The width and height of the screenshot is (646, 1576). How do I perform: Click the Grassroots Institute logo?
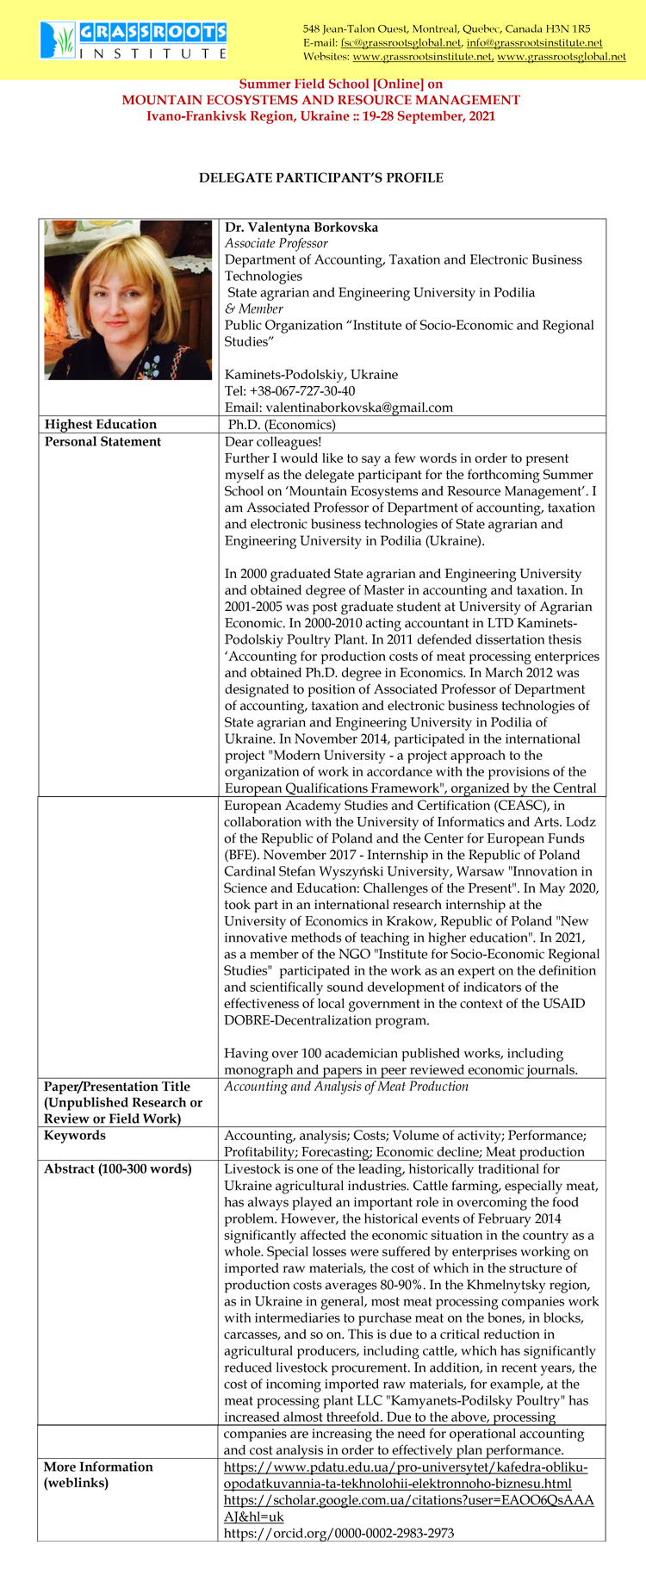[134, 40]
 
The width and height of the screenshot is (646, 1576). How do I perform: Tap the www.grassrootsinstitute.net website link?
[422, 57]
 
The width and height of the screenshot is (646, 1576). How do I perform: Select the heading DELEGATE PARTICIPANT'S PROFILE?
[321, 178]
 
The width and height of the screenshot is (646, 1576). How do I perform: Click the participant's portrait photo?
[127, 300]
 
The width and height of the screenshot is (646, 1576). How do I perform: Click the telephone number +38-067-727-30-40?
[289, 391]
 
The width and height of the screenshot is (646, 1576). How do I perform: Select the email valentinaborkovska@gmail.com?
[339, 408]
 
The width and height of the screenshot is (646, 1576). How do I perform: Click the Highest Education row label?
[101, 424]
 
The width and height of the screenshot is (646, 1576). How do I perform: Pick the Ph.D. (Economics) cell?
[282, 425]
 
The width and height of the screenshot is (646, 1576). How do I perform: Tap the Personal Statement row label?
[102, 442]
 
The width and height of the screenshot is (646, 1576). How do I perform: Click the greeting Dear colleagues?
[273, 442]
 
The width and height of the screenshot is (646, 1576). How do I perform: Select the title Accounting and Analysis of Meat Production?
[346, 1087]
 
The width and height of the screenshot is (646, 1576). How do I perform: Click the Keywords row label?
[75, 1136]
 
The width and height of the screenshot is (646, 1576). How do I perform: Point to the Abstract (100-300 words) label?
[118, 1169]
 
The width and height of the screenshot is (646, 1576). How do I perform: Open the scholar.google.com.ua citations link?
[408, 1500]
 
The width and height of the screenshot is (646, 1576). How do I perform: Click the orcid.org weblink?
[339, 1533]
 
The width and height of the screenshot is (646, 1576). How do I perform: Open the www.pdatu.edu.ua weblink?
[405, 1467]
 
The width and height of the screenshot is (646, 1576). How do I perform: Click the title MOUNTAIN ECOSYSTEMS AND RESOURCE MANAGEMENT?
[321, 100]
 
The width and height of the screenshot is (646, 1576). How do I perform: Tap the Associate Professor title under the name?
[276, 244]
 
